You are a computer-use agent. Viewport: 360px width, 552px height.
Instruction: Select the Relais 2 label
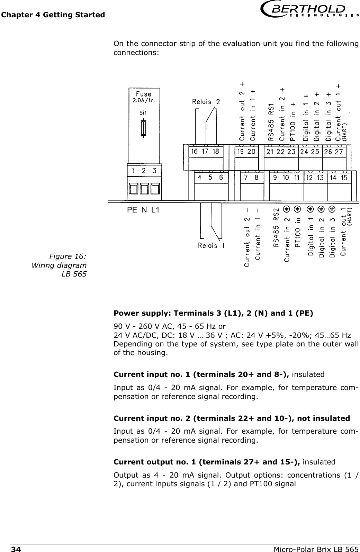click(206, 102)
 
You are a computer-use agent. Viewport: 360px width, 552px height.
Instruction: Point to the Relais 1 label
click(211, 246)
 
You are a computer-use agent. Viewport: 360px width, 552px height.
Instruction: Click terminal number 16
click(195, 151)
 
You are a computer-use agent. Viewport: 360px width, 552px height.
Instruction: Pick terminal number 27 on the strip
click(339, 152)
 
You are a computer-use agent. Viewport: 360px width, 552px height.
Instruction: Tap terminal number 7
click(246, 177)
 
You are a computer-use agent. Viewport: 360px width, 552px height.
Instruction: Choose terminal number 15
click(344, 178)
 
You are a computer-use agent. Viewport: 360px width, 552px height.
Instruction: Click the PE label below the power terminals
click(132, 210)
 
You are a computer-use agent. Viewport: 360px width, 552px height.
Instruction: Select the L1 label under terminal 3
click(155, 210)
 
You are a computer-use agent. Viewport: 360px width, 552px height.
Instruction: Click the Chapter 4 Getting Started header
click(53, 15)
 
